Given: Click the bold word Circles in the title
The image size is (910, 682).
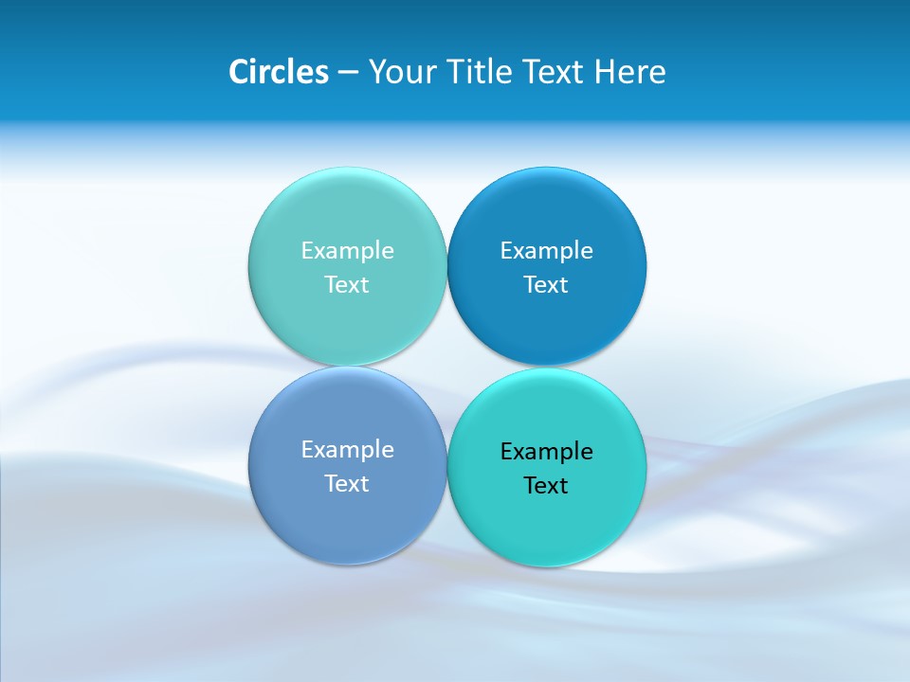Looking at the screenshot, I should coord(278,72).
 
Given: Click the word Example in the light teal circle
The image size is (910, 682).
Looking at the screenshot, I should coord(347,251).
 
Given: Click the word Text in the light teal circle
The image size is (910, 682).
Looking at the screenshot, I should coord(347,285).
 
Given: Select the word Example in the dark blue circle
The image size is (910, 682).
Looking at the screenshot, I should coord(546,251).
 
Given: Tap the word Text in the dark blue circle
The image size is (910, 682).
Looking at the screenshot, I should coord(546,285).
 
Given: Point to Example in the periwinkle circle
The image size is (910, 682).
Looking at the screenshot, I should coord(347,450).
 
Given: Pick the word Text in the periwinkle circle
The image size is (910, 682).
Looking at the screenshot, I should coord(347,484).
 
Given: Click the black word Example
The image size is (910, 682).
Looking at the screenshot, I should coord(546,452).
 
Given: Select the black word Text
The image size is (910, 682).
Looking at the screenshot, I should coord(546,486).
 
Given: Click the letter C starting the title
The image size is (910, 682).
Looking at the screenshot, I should coord(239,72).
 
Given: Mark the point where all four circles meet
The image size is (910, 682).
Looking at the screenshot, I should coord(446,367).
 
